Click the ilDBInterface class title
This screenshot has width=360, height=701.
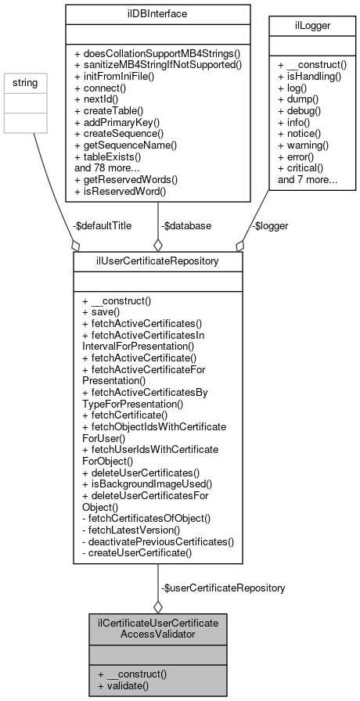coord(157,13)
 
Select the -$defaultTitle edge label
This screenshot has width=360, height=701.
coord(102,225)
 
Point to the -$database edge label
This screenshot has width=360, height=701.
coord(185,225)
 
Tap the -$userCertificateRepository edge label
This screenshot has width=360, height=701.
coord(222,587)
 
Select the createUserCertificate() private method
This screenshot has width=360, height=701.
coord(136,553)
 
